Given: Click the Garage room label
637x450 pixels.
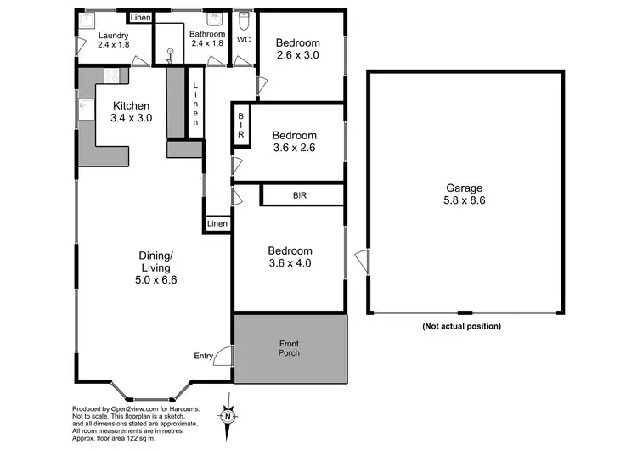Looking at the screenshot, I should [465, 194].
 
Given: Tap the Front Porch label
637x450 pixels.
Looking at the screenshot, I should [289, 348].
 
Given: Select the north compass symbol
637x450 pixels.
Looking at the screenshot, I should [228, 416].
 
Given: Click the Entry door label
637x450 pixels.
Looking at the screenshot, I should [203, 356].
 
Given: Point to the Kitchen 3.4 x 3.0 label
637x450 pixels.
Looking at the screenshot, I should [132, 112].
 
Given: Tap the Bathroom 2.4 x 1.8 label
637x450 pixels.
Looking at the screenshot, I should [206, 39].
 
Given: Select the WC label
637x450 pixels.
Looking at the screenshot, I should [244, 40].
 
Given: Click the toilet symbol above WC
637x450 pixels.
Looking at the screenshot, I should [244, 21].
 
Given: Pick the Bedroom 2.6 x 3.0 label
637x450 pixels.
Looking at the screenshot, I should [297, 49].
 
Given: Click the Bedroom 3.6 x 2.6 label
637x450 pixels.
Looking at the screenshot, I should [294, 141].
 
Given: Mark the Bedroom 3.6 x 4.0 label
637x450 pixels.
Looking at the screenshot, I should [290, 256].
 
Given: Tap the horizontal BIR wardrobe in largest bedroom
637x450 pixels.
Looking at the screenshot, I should [300, 195].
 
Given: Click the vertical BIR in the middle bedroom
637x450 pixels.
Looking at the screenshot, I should [241, 125].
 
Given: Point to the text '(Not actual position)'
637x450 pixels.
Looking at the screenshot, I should [461, 326].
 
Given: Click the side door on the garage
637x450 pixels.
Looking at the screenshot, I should [363, 262].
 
